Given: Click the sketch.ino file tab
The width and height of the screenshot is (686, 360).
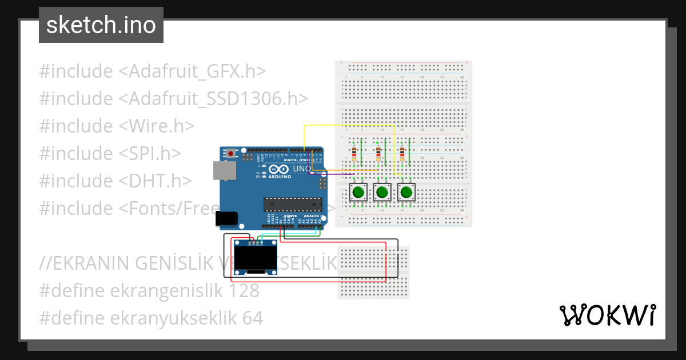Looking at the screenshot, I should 101,25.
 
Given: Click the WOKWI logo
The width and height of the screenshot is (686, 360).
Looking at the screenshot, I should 607,315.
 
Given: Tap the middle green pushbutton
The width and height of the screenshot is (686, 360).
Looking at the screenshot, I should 382,193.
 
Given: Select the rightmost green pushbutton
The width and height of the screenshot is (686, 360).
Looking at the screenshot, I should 406,193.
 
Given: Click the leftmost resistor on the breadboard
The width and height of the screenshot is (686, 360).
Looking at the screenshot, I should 355,153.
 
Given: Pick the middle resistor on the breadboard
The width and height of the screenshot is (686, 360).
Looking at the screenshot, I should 379,153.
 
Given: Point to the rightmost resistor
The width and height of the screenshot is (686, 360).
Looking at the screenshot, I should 403,153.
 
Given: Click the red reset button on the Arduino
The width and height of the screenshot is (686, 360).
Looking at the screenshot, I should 231,154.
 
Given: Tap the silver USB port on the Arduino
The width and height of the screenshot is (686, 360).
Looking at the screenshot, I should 223,171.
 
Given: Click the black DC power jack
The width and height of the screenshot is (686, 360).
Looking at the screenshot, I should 226,218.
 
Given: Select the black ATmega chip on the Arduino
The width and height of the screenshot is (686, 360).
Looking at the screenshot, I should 292,204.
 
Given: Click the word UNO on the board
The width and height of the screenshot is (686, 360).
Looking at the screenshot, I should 301,169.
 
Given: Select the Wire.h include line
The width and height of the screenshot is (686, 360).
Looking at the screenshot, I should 117,126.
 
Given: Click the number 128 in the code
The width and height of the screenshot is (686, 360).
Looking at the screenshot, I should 244,291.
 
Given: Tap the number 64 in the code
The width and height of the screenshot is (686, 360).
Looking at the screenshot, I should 252,318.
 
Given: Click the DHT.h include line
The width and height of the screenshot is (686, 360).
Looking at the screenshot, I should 115,181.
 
